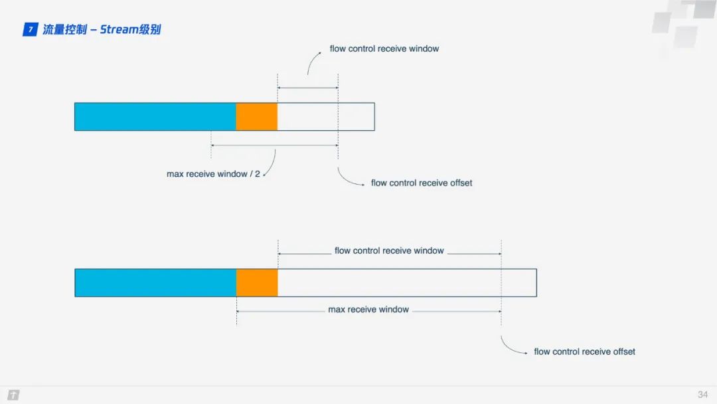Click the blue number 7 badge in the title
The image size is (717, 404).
coord(30,29)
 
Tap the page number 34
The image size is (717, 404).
coord(703,395)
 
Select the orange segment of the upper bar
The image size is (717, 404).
coord(256,117)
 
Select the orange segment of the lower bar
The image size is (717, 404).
coord(257,283)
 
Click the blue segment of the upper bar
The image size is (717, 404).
coord(155,117)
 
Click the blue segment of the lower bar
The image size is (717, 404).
coord(156,283)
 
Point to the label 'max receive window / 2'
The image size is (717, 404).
coord(213,174)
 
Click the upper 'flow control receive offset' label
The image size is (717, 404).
coord(422,183)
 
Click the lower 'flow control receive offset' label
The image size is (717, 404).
coord(584,352)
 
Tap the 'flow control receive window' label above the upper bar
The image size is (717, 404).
coord(384,49)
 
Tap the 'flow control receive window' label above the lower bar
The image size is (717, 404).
coord(389,251)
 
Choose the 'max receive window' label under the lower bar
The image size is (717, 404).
coord(368,310)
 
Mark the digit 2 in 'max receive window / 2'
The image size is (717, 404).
coord(258,174)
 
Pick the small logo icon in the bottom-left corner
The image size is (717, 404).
coord(13,395)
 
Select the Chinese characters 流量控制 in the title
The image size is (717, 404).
coord(64,29)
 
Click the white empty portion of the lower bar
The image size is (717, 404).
coord(407,283)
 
